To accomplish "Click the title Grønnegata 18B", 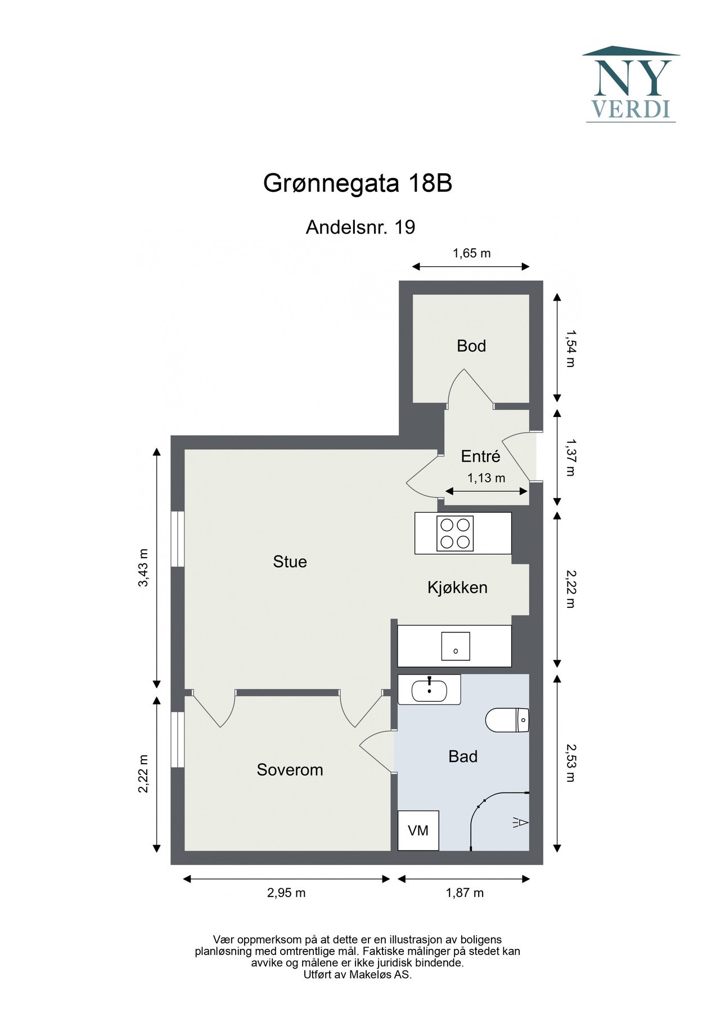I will click(x=358, y=183).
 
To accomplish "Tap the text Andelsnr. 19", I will click(x=360, y=227).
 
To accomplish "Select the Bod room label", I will click(x=471, y=346).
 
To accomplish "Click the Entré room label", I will click(x=480, y=456).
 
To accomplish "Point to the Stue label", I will click(x=290, y=562).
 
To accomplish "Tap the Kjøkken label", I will click(x=457, y=588).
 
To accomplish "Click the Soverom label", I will click(x=290, y=769).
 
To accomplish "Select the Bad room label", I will click(x=462, y=756).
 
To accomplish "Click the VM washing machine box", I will click(x=418, y=831).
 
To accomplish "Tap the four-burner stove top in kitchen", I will click(x=455, y=533).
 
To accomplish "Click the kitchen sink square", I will click(x=456, y=646).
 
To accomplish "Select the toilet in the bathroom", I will click(x=507, y=720).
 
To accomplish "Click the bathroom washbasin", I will click(x=429, y=690).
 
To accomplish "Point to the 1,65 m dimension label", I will click(x=471, y=253).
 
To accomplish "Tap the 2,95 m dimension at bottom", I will click(x=286, y=893).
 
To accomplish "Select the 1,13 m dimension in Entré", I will click(x=486, y=478).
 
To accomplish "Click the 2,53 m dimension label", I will click(x=570, y=763).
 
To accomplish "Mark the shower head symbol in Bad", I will click(x=520, y=823).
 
